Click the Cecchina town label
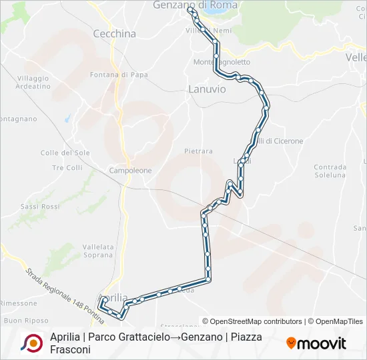[x=114, y=33]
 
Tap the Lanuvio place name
[x=207, y=89]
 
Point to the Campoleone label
[x=131, y=171]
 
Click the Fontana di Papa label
[x=118, y=75]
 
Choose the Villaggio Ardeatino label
[x=33, y=82]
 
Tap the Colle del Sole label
[x=65, y=153]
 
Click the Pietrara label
[x=198, y=151]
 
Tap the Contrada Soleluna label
[x=330, y=171]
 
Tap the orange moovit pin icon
[x=291, y=343]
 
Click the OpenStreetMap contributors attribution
[x=252, y=321]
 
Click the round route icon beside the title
[x=31, y=343]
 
